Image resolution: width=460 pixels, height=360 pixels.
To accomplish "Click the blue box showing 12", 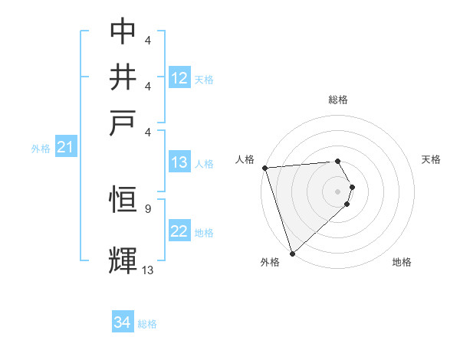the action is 179,78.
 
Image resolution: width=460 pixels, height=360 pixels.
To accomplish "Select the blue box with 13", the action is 179,162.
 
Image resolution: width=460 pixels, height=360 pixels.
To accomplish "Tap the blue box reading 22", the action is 179,231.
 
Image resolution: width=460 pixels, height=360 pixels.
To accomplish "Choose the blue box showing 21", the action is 65,148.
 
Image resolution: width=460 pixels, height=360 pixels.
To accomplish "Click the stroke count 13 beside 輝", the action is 148,270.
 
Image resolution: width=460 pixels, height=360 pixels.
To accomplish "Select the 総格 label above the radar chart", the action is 338,100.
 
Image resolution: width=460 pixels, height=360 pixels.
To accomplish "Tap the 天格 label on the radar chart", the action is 432,159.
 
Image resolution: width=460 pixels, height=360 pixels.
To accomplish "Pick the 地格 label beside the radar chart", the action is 402,262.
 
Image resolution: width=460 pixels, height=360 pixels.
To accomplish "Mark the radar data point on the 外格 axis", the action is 292,253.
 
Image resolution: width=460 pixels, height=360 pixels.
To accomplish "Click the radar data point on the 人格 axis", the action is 264,168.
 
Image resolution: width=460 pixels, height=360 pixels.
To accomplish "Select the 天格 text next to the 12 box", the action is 204,79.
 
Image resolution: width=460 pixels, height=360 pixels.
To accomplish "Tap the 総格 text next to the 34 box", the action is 147,324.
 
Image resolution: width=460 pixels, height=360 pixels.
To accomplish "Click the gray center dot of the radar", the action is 338,191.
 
